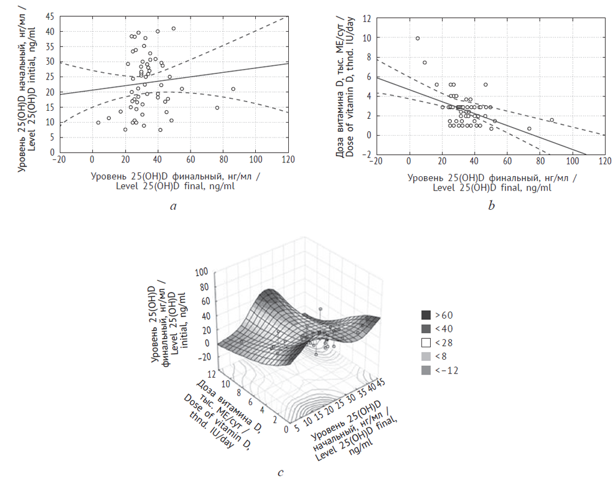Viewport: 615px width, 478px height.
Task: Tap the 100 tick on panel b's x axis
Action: pyautogui.click(x=571, y=161)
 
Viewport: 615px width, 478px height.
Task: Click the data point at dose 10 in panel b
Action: pyautogui.click(x=418, y=39)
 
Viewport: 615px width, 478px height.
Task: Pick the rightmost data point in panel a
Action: pyautogui.click(x=233, y=89)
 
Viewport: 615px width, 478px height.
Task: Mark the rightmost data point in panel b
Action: pyautogui.click(x=552, y=120)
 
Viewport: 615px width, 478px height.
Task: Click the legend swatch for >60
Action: pyautogui.click(x=426, y=315)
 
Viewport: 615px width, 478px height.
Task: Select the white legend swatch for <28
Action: pyautogui.click(x=426, y=342)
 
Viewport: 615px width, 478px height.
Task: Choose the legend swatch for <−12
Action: pyautogui.click(x=426, y=370)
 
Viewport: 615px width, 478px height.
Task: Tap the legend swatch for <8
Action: pyautogui.click(x=426, y=356)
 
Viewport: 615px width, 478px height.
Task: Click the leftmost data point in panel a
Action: pyautogui.click(x=98, y=123)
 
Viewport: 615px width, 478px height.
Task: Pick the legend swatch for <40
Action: pyautogui.click(x=426, y=329)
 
